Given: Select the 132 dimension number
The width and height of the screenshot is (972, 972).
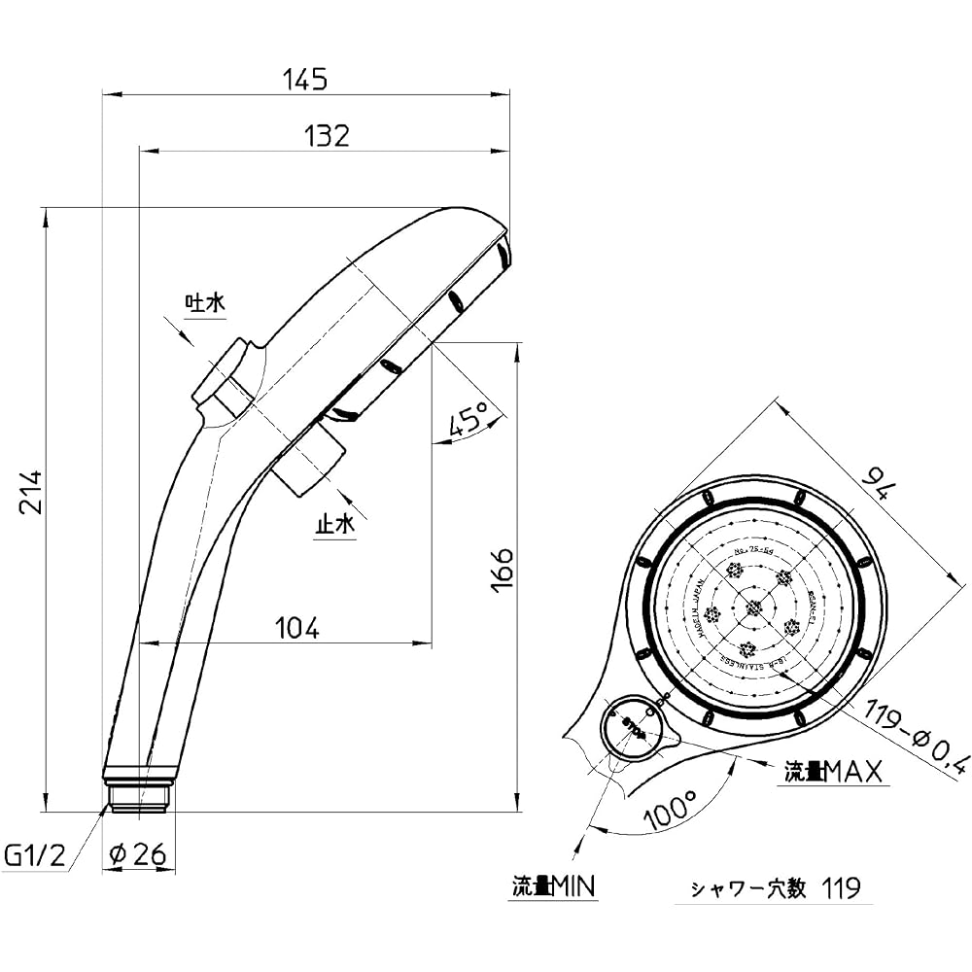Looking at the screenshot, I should tap(326, 135).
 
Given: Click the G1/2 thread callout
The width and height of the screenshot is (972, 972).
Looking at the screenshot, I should tap(35, 855).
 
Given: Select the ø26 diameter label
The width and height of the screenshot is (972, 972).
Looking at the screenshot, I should tap(139, 855).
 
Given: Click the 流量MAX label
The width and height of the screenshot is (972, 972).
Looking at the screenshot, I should tap(834, 773).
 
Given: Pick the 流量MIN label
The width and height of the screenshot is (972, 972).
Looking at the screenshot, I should tap(554, 886).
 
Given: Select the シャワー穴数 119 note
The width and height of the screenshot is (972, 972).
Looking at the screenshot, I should tap(775, 887).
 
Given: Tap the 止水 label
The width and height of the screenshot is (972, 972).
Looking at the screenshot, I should tap(334, 525).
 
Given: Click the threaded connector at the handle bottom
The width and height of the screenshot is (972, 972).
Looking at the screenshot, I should tap(138, 793).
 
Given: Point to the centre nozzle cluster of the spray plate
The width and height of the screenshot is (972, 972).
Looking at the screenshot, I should tap(754, 608).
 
